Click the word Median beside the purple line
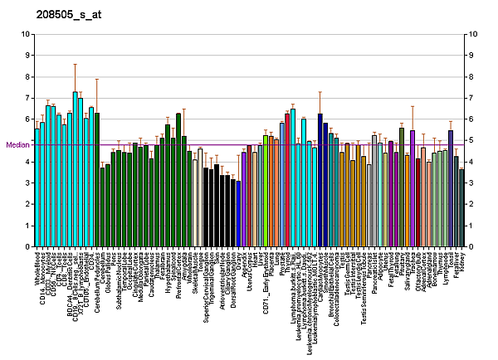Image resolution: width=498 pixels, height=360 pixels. click(x=17, y=145)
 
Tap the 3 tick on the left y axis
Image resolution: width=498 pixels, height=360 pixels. click(x=28, y=182)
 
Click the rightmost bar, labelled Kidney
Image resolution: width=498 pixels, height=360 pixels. click(x=461, y=207)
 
